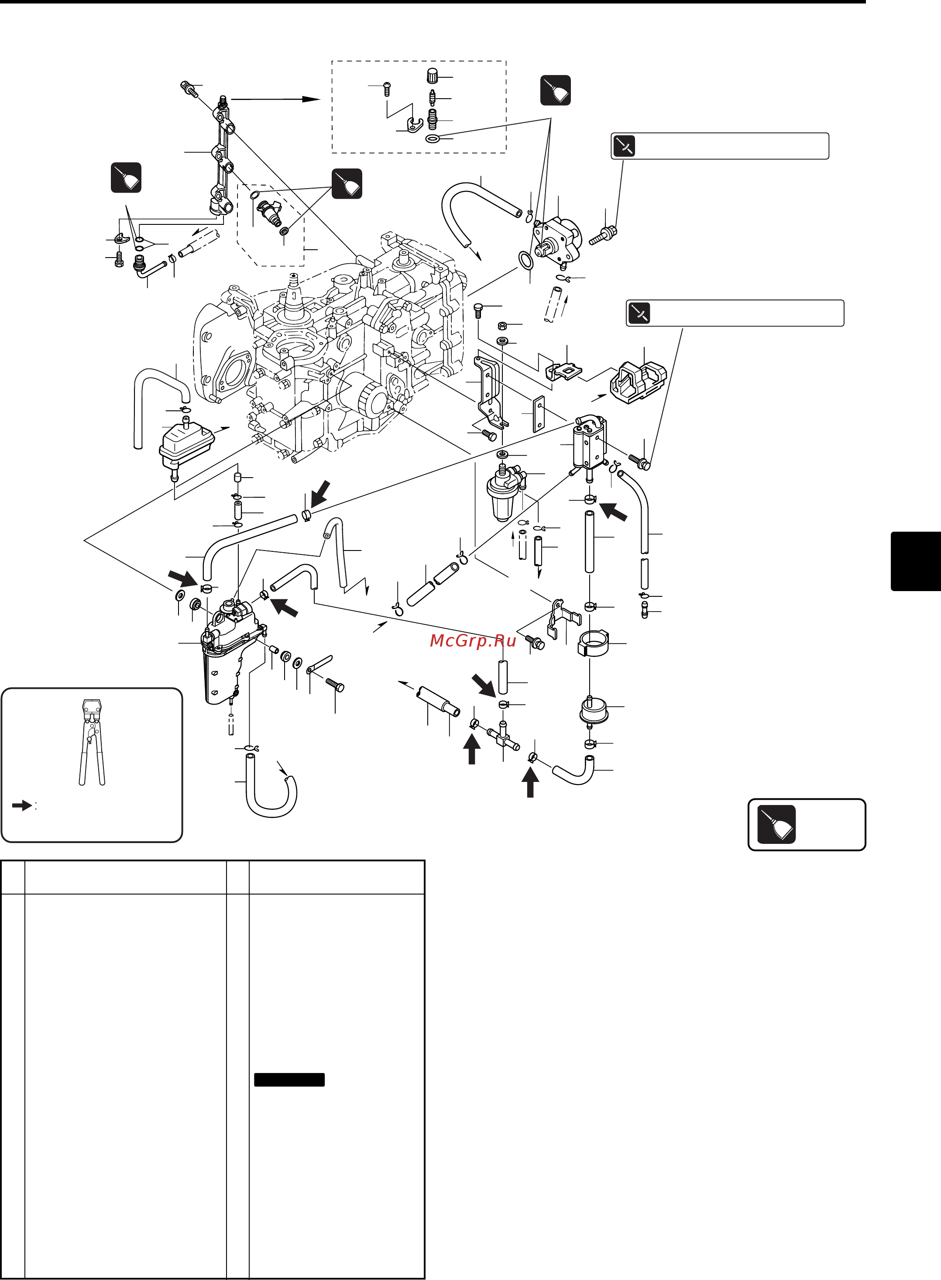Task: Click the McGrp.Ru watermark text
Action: tap(473, 641)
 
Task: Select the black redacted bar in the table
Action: tap(289, 1080)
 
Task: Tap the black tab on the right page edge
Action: tap(915, 561)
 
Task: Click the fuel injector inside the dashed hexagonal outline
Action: tap(269, 212)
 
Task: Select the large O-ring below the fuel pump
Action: tap(525, 260)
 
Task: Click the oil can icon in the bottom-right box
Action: tap(776, 824)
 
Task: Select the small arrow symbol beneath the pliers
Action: tap(22, 805)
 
